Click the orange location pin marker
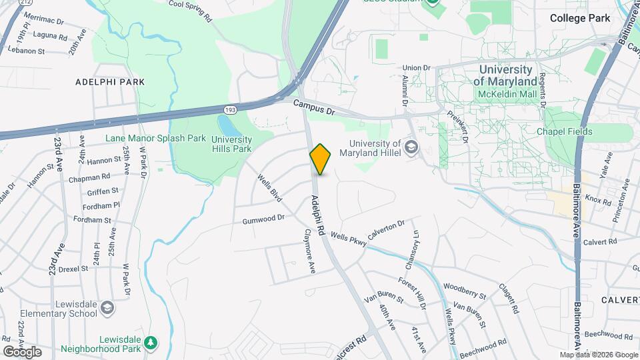(321, 159)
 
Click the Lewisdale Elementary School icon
(108, 308)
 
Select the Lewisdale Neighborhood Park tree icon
(151, 343)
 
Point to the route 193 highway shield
(229, 109)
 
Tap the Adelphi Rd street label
(317, 215)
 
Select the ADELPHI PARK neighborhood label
(110, 82)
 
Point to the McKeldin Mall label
(507, 94)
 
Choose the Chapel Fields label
(565, 131)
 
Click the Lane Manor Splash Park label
(155, 139)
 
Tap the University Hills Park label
(231, 144)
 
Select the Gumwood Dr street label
(263, 218)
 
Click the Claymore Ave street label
(309, 251)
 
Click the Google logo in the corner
(22, 351)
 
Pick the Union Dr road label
(417, 67)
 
